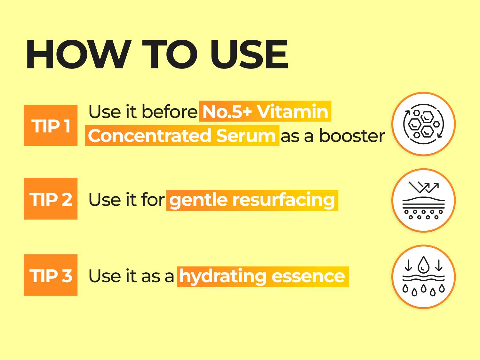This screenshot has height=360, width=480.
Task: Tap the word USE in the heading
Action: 249,55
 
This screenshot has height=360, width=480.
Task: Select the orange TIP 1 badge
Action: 51,125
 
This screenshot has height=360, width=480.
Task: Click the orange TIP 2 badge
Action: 51,199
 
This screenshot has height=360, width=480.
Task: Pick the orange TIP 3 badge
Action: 51,275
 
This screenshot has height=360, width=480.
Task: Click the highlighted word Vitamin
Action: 292,112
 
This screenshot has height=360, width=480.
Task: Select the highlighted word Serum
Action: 246,136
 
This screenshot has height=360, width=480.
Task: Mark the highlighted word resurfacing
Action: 284,200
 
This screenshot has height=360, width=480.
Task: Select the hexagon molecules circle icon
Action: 424,124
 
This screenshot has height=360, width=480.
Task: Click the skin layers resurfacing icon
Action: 424,201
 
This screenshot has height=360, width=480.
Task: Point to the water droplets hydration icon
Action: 424,277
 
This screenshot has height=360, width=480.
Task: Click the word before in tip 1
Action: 169,112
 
